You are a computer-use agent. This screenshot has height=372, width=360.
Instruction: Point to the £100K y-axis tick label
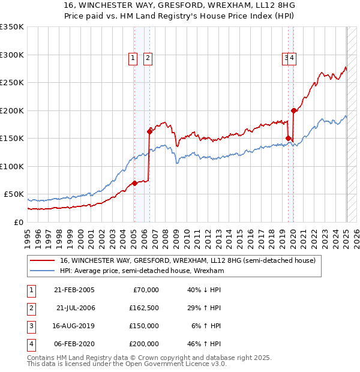pyautogui.click(x=12, y=166)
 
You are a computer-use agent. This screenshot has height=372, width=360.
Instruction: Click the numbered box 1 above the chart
pyautogui.click(x=132, y=58)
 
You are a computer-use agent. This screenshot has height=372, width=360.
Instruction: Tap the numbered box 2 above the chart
pyautogui.click(x=147, y=58)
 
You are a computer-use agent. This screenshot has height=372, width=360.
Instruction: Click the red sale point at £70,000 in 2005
pyautogui.click(x=134, y=183)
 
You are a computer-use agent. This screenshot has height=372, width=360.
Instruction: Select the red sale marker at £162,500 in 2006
pyautogui.click(x=149, y=131)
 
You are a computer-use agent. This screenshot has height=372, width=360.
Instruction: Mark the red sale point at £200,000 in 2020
pyautogui.click(x=294, y=110)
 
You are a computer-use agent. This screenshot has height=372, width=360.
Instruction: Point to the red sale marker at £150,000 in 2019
pyautogui.click(x=289, y=139)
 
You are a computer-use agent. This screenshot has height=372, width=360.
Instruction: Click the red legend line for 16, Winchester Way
pyautogui.click(x=43, y=261)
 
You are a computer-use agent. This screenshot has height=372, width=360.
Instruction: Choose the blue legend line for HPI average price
pyautogui.click(x=43, y=271)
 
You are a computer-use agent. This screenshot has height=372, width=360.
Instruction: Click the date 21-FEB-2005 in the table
pyautogui.click(x=74, y=290)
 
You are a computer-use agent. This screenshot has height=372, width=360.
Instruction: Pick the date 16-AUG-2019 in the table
pyautogui.click(x=74, y=326)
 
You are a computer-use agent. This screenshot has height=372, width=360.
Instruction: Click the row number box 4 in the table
pyautogui.click(x=30, y=344)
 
